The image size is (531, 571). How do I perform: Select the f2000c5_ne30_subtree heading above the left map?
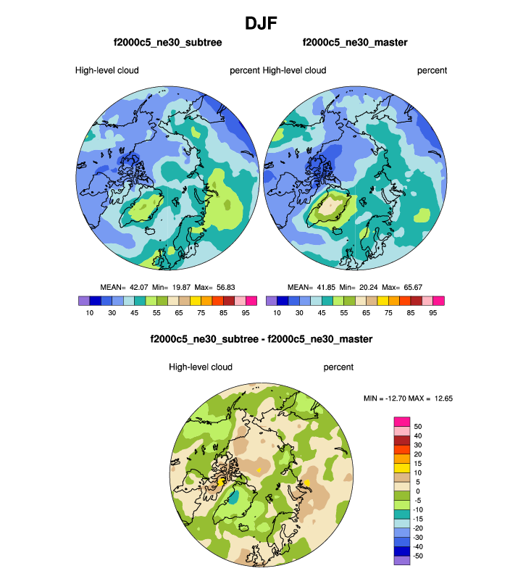coord(167,43)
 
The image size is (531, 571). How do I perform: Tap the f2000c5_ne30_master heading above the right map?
coord(355,43)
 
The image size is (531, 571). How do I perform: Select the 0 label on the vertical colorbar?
coord(417,491)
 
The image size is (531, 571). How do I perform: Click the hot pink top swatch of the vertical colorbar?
coord(402,421)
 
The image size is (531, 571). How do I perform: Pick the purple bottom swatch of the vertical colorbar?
coord(402,559)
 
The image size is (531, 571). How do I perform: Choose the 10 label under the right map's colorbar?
coord(277,313)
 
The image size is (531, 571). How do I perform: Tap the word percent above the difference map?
coord(338,367)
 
